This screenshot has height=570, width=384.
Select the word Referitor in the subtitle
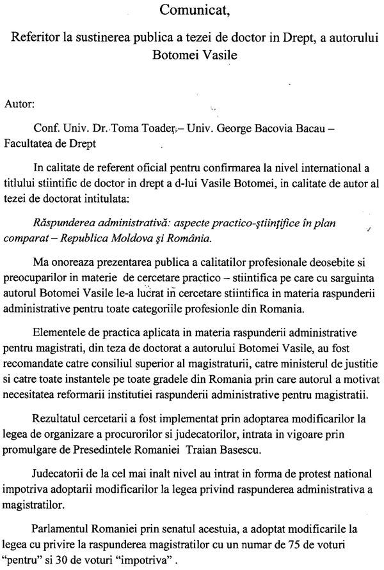(37, 38)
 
